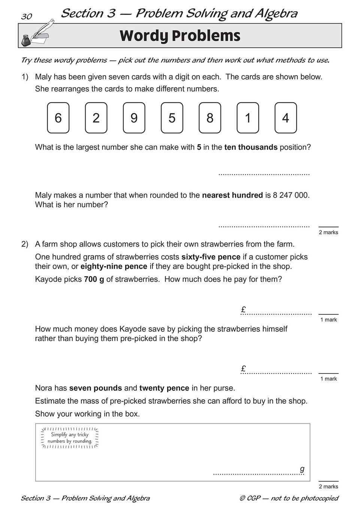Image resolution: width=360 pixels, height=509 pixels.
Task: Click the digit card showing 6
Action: [x=58, y=118]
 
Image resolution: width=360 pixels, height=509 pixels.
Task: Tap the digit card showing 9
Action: [x=134, y=118]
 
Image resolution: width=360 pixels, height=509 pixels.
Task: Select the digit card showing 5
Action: [x=172, y=118]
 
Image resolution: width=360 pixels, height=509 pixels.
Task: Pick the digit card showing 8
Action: [x=210, y=118]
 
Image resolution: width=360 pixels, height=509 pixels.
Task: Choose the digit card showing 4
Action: [x=285, y=118]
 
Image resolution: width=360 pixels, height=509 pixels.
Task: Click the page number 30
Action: [x=27, y=16]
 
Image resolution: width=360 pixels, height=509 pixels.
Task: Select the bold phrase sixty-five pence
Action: [x=211, y=257]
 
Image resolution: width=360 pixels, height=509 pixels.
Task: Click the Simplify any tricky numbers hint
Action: [x=70, y=438]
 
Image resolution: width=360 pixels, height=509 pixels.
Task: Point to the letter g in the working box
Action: [x=302, y=469]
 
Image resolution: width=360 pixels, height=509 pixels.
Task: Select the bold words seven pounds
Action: [x=96, y=388]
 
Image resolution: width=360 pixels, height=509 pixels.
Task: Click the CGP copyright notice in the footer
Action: [x=288, y=498]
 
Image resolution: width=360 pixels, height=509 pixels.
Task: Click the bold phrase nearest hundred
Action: [x=232, y=195]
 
